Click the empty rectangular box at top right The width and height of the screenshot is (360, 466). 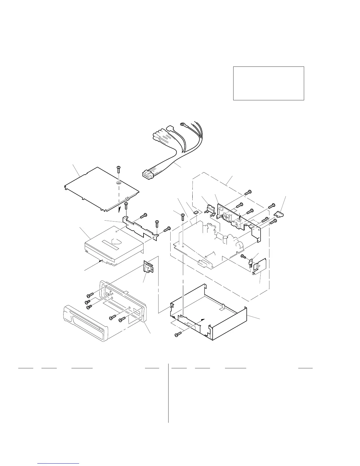(x=268, y=83)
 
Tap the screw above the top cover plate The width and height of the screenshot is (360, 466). (x=119, y=169)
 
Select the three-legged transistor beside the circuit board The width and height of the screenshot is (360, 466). (x=251, y=263)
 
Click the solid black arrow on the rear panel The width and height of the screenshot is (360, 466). (x=240, y=216)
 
